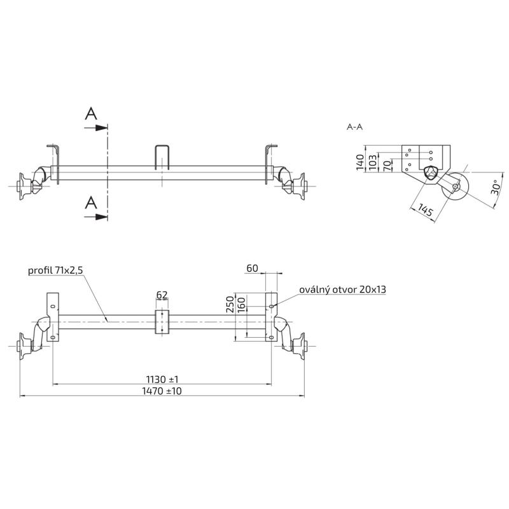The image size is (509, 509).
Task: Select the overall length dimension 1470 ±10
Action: click(x=162, y=391)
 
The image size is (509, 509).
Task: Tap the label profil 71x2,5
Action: click(x=55, y=270)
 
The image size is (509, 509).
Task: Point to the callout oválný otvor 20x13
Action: click(x=343, y=289)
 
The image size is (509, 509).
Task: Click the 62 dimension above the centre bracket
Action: click(x=162, y=295)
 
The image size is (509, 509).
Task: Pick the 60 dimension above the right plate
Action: click(x=252, y=269)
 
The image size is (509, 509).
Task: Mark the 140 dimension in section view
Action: click(x=360, y=162)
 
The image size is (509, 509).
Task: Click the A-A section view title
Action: click(x=354, y=127)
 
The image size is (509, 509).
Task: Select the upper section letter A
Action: click(x=92, y=114)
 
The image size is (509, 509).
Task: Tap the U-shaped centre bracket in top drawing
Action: click(x=163, y=157)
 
